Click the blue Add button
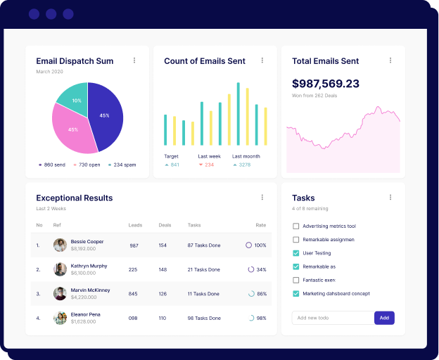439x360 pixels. [x=384, y=318]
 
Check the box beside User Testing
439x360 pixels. [x=296, y=253]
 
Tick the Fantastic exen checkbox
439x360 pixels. [x=296, y=280]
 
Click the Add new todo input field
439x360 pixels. [x=332, y=318]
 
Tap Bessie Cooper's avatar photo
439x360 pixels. [x=60, y=245]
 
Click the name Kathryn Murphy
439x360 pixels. [x=89, y=266]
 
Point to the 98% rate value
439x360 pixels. [x=261, y=318]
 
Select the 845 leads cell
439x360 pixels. [x=133, y=293]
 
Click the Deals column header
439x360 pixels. [x=165, y=225]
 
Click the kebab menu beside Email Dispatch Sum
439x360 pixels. [x=134, y=60]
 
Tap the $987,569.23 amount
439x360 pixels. [x=325, y=83]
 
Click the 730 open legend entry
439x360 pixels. [x=87, y=165]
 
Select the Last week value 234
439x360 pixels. [x=209, y=165]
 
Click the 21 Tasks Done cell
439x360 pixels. [x=203, y=269]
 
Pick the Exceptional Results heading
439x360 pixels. [x=74, y=198]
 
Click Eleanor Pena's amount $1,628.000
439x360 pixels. [x=83, y=321]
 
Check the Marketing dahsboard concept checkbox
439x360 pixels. [x=296, y=293]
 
